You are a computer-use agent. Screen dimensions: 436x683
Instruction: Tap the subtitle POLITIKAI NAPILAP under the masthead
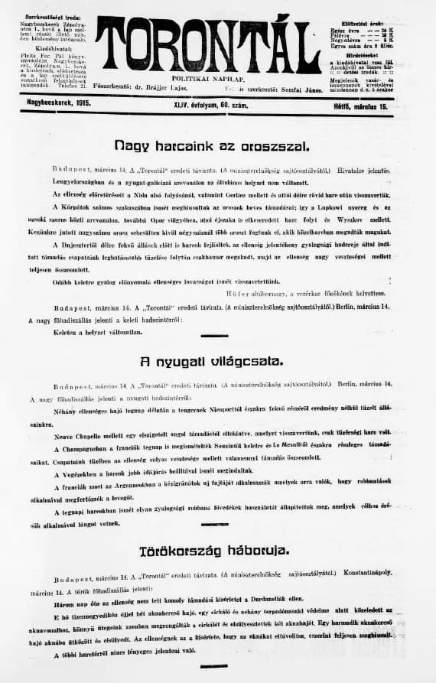point(208,78)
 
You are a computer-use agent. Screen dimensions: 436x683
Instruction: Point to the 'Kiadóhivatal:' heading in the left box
point(53,48)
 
